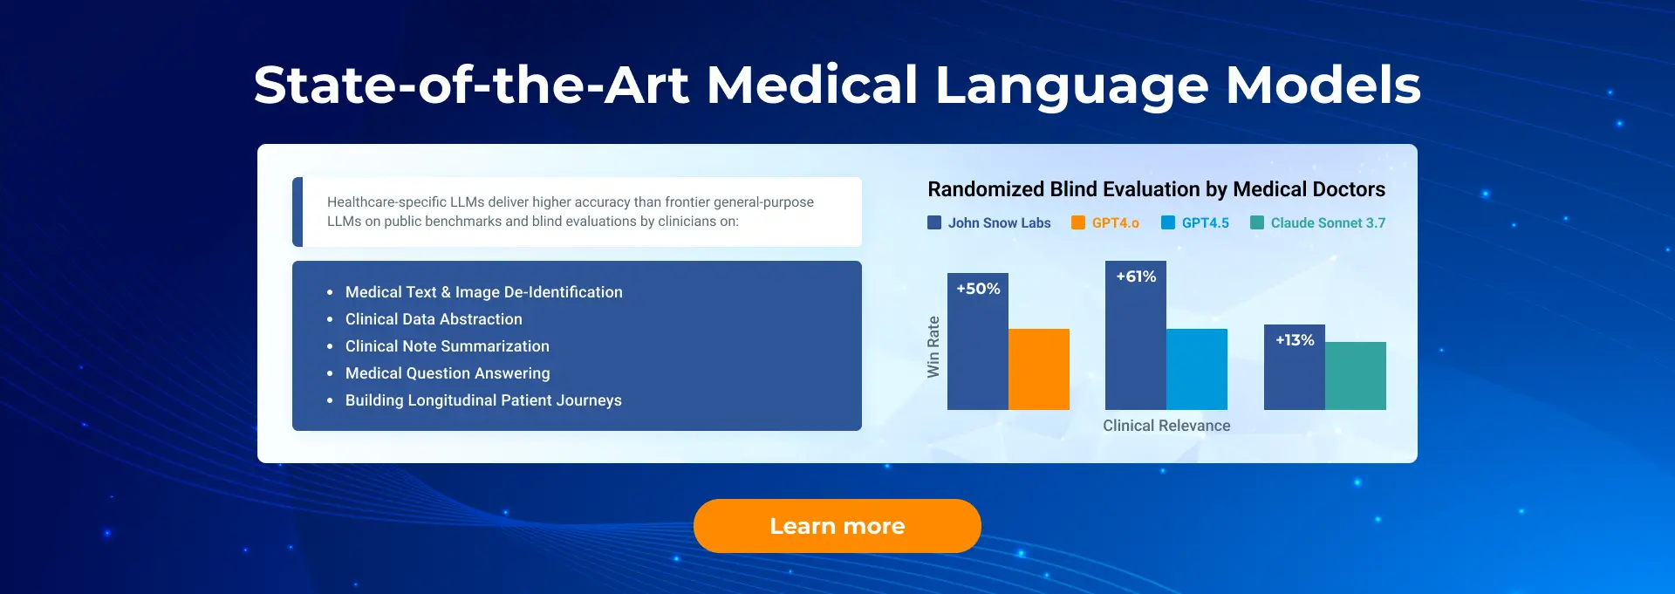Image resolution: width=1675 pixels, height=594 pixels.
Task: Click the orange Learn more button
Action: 837,526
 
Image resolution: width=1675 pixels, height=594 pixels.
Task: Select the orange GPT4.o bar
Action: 1039,369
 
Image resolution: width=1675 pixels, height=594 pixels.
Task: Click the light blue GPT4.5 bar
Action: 1197,369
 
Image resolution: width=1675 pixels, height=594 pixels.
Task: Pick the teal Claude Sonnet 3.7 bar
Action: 1356,376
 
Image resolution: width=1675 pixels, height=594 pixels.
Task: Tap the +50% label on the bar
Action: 978,289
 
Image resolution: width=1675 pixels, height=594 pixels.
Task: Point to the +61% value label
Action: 1136,277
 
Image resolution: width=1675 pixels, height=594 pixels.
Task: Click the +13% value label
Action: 1295,340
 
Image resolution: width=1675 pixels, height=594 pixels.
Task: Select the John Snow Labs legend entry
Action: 989,223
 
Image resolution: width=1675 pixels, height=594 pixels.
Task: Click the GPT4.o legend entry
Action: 1105,223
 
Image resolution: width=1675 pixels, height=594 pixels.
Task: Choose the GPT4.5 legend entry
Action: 1195,223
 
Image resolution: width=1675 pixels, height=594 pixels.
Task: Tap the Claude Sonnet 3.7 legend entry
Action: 1318,223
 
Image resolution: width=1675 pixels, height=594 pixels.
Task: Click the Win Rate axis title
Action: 933,346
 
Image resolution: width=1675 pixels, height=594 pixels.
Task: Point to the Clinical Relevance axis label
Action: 1166,426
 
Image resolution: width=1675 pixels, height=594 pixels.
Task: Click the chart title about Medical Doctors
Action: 1156,189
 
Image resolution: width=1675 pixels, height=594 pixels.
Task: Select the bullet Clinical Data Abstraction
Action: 434,319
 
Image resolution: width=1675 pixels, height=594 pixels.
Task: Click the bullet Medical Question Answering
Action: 448,373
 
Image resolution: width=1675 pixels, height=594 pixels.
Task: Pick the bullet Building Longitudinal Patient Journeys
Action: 483,400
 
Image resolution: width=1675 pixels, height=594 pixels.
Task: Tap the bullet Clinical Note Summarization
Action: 448,346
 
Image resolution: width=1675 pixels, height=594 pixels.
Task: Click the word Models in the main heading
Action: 1323,85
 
